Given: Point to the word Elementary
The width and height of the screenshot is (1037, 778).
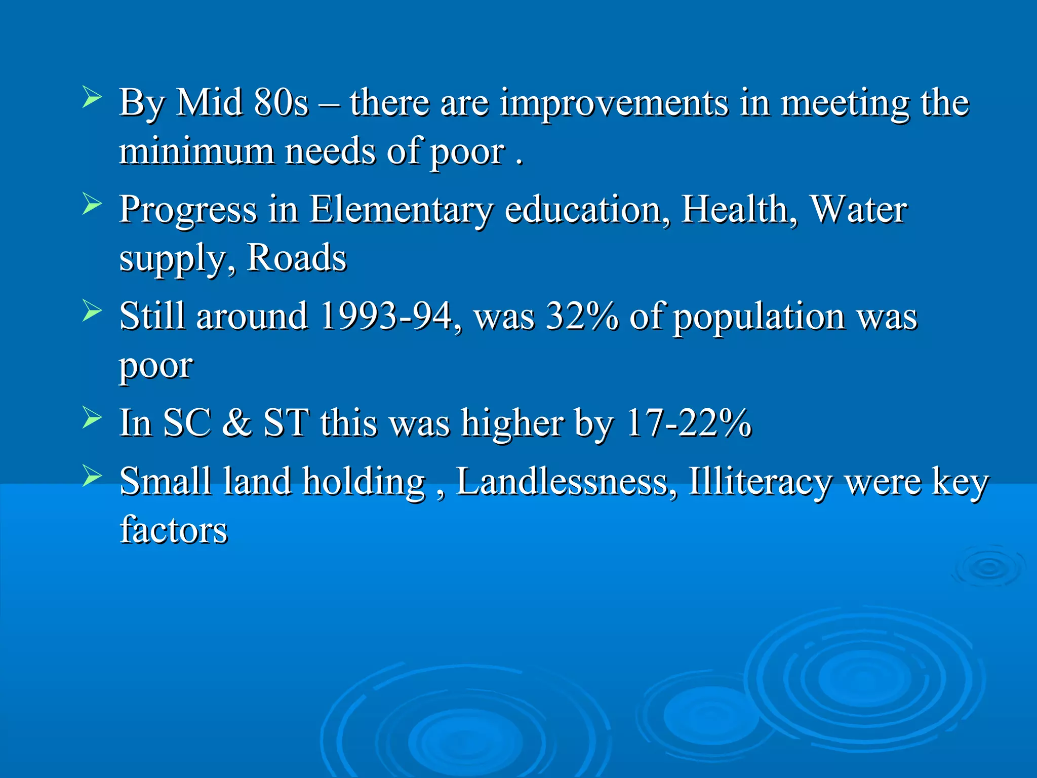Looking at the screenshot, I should click(x=401, y=210).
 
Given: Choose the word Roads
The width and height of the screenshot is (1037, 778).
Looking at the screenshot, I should click(x=296, y=258).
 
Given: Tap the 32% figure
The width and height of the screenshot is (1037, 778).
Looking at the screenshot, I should click(x=582, y=317).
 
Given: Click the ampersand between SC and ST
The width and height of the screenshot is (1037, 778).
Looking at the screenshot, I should click(x=236, y=422).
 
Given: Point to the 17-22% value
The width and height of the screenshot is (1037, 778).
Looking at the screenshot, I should click(x=689, y=422).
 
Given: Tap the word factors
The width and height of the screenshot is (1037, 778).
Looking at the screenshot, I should click(x=174, y=530).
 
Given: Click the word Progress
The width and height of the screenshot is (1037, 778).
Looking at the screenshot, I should click(x=188, y=211).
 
